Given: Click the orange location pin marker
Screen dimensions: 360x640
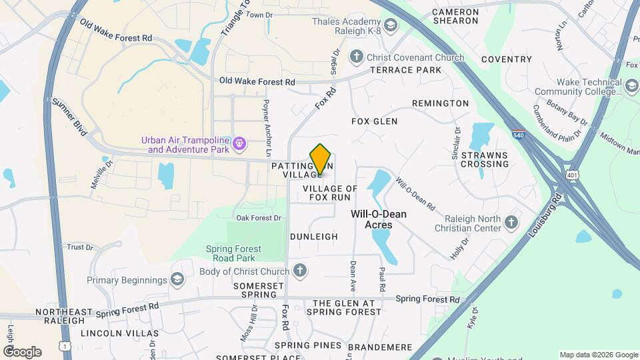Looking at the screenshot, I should coord(321,159).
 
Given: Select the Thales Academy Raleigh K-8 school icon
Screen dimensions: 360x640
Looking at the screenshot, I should coord(390,26).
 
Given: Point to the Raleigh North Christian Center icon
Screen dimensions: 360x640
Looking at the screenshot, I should coord(511,223).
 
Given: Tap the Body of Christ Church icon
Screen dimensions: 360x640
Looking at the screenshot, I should coord(300,271).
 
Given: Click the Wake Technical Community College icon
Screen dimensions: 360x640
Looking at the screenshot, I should coord(631,86).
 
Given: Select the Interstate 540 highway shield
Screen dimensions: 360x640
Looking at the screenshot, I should coord(519,135).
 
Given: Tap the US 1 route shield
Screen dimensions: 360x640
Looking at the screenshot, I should coord(64,346).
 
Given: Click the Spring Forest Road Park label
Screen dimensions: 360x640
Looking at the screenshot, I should coord(238,253).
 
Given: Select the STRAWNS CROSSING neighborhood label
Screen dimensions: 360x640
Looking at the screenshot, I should coord(485,159).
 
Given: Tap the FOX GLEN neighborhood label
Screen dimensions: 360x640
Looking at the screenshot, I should coord(374,121).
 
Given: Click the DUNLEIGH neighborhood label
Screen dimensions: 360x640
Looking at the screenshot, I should coord(314,237).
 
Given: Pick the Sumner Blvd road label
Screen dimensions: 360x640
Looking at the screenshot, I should coord(70,117).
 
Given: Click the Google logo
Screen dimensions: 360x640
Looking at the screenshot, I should coord(23,351).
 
